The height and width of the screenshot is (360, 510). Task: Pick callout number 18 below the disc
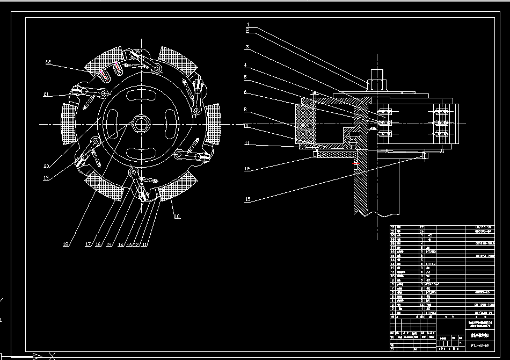(x=65, y=244)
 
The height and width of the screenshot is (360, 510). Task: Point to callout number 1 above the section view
(x=249, y=25)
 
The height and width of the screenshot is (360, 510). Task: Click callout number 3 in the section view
(x=247, y=47)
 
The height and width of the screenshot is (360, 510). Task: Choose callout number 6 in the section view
(x=246, y=92)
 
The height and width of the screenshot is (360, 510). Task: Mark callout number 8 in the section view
(x=246, y=110)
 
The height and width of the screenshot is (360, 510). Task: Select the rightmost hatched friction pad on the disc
(x=213, y=124)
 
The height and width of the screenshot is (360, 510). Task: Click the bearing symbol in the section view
(x=353, y=141)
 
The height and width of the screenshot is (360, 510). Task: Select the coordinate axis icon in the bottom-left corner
(x=38, y=356)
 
